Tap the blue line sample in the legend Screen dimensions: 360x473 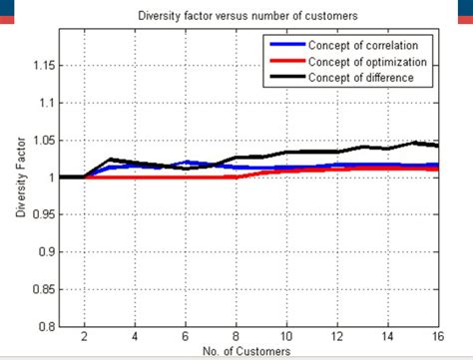pyautogui.click(x=285, y=46)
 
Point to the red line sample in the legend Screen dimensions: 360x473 pyautogui.click(x=285, y=62)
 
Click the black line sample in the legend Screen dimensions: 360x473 pyautogui.click(x=285, y=78)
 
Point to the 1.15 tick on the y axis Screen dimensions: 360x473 pyautogui.click(x=40, y=66)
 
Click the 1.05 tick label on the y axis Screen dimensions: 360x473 pyautogui.click(x=40, y=141)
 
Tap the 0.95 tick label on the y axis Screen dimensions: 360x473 pyautogui.click(x=40, y=214)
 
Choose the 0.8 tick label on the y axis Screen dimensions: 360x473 pyautogui.click(x=44, y=326)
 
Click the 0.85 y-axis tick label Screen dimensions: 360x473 pyautogui.click(x=40, y=289)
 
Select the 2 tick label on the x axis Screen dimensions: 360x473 pyautogui.click(x=84, y=337)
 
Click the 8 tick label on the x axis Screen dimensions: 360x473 pyautogui.click(x=236, y=337)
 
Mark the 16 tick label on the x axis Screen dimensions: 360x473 pyautogui.click(x=437, y=337)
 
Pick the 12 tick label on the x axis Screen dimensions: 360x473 pyautogui.click(x=336, y=337)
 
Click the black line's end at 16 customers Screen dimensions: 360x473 pyautogui.click(x=437, y=146)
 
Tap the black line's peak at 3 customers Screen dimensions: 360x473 pyautogui.click(x=110, y=160)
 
